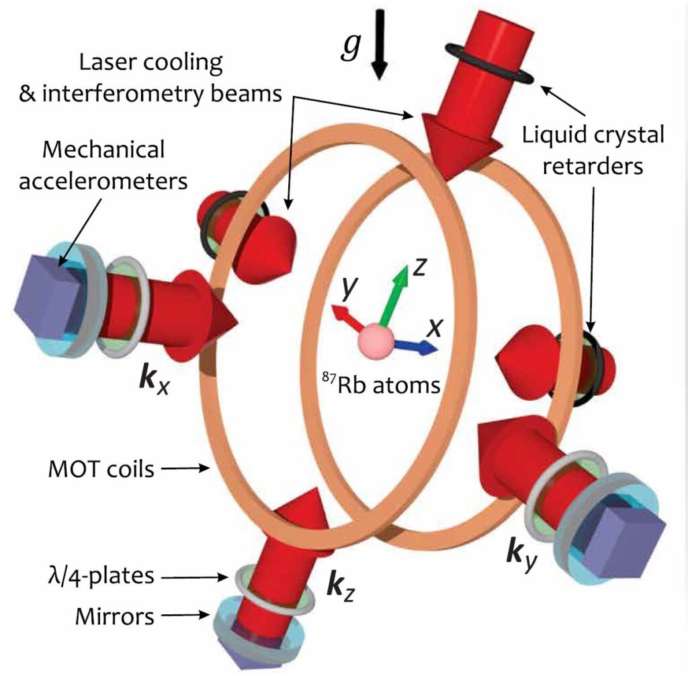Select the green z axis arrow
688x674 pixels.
[396, 295]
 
